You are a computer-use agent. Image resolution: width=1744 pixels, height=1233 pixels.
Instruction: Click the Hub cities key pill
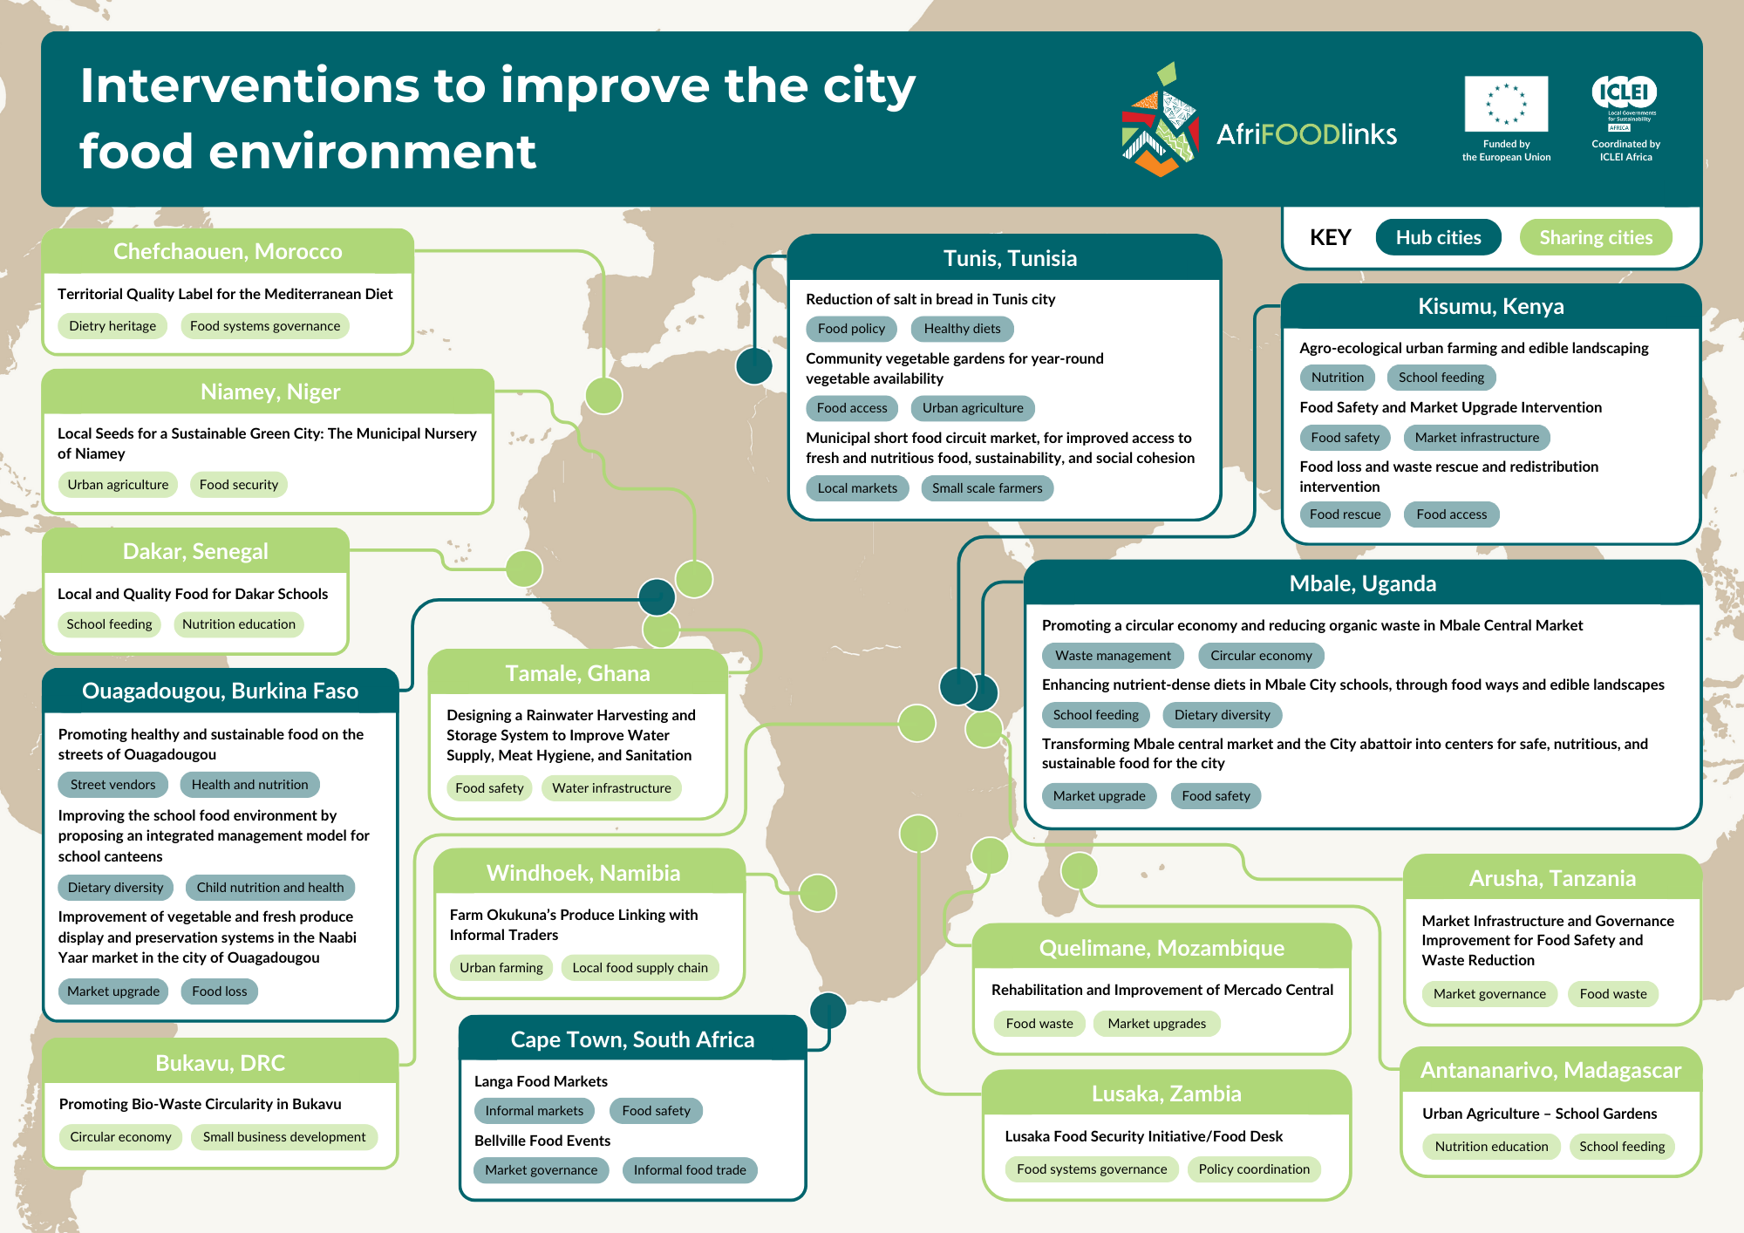(1438, 237)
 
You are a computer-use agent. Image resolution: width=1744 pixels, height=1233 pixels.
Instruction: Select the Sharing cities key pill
(1595, 237)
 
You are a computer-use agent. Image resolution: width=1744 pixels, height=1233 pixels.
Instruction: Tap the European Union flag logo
(1506, 104)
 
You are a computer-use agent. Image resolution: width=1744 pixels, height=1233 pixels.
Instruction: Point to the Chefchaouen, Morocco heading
(228, 251)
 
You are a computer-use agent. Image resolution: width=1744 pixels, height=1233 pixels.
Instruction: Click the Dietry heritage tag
(112, 326)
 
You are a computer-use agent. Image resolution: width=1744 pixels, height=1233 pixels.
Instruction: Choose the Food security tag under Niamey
(238, 485)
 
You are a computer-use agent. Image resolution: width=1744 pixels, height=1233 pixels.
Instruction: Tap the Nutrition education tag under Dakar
(238, 624)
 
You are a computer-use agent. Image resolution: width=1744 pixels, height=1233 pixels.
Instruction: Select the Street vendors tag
(113, 785)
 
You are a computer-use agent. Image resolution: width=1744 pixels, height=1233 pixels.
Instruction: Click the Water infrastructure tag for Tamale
(611, 788)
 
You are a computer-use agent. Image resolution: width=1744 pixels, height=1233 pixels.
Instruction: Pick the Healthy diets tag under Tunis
(962, 329)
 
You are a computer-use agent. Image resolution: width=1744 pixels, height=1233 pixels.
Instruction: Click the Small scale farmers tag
(987, 488)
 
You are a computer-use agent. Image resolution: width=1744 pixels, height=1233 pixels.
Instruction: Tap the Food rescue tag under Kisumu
(1345, 514)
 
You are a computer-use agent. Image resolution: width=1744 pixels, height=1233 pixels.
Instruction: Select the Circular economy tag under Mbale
(1261, 656)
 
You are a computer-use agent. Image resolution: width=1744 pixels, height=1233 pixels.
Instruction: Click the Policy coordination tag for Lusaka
(1254, 1169)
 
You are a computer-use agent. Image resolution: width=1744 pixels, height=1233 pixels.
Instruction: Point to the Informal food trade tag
(690, 1170)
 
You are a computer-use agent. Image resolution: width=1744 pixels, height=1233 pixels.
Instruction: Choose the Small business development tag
(284, 1137)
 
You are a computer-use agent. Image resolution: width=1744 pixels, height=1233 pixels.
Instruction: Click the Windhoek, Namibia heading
(583, 873)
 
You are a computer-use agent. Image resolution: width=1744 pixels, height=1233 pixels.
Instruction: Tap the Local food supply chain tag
(640, 968)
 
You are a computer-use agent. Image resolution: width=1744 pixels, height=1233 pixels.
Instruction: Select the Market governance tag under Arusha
(1489, 994)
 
